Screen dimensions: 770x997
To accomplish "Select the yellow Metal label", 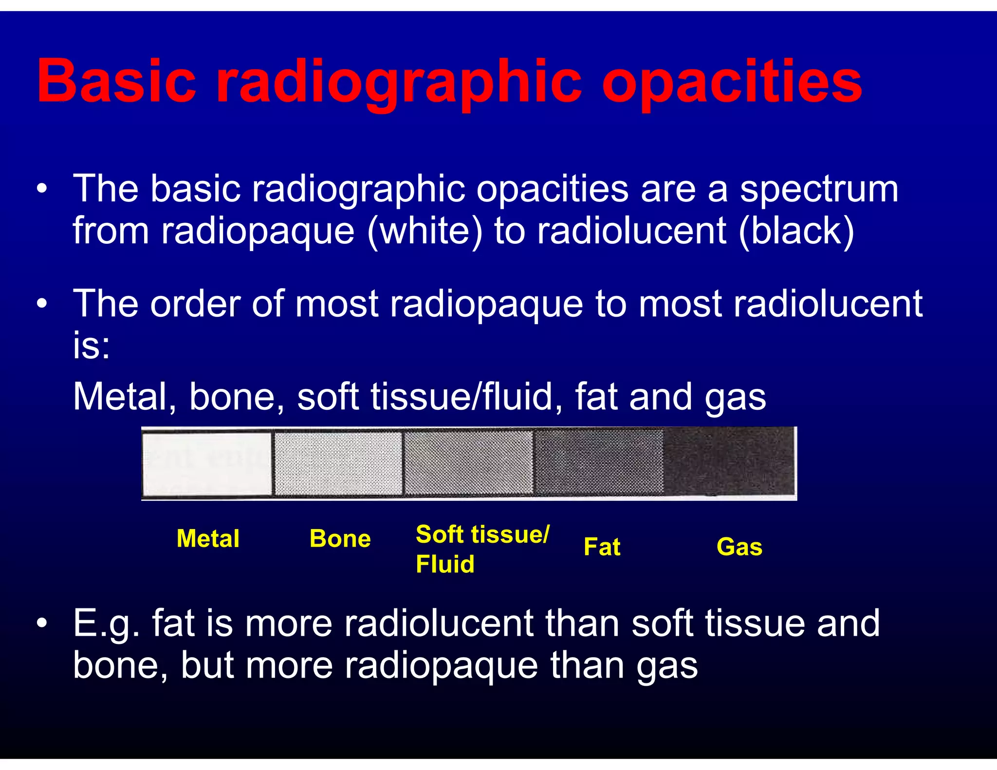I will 208,539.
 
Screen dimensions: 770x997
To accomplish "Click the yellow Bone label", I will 340,539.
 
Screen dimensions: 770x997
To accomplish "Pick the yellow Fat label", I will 602,547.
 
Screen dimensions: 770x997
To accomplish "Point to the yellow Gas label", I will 739,547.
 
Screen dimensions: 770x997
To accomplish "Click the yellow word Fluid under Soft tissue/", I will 445,564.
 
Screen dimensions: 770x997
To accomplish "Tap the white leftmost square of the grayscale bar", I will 207,463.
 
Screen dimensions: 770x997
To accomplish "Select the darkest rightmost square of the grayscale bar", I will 729,461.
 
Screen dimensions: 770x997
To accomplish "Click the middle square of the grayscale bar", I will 468,462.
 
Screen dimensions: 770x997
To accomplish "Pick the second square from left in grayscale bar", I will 338,463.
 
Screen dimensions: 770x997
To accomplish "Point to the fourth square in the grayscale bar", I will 599,462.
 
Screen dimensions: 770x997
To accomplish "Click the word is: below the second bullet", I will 92,345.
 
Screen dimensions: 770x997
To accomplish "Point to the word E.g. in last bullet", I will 106,624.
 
